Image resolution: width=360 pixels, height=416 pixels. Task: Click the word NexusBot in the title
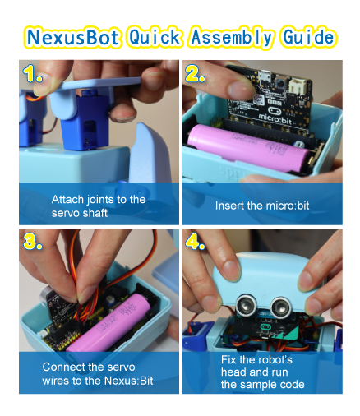click(73, 38)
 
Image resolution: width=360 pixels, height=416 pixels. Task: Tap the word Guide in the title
click(309, 37)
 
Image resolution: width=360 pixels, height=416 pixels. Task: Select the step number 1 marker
click(33, 73)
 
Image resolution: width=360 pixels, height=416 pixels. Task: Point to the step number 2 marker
click(195, 73)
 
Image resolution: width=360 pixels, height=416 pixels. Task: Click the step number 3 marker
click(33, 241)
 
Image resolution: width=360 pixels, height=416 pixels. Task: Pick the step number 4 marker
click(195, 241)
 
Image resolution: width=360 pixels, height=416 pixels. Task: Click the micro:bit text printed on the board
click(275, 118)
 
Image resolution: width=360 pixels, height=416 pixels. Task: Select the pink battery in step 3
click(109, 323)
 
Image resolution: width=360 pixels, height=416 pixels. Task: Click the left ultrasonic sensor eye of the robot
click(247, 305)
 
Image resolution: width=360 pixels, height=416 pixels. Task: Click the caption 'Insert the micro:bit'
click(262, 206)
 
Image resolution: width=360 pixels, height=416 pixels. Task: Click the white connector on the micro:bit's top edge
click(297, 85)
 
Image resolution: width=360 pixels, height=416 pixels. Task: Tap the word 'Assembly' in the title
click(232, 38)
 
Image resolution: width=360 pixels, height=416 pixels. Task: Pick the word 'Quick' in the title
click(155, 37)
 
